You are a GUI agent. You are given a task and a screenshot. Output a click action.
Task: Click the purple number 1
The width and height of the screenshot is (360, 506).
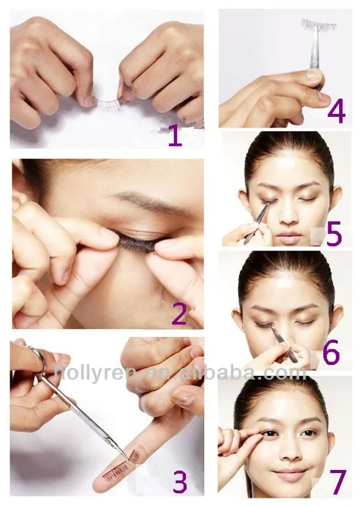pyautogui.click(x=175, y=135)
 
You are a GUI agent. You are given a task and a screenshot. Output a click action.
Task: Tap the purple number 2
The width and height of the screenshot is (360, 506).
pyautogui.click(x=178, y=313)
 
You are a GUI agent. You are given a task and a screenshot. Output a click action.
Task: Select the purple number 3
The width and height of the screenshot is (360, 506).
pyautogui.click(x=179, y=482)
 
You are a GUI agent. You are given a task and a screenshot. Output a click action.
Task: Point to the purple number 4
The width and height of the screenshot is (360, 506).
pyautogui.click(x=336, y=112)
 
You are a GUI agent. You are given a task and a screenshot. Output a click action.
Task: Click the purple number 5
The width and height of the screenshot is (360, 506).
pyautogui.click(x=333, y=233)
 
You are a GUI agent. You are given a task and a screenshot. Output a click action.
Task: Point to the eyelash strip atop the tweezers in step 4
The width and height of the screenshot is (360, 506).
pyautogui.click(x=318, y=25)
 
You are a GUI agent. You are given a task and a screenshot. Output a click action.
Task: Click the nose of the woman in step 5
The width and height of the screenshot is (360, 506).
pyautogui.click(x=288, y=216)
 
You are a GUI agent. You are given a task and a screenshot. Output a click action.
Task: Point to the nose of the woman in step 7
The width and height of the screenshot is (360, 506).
pyautogui.click(x=288, y=453)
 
